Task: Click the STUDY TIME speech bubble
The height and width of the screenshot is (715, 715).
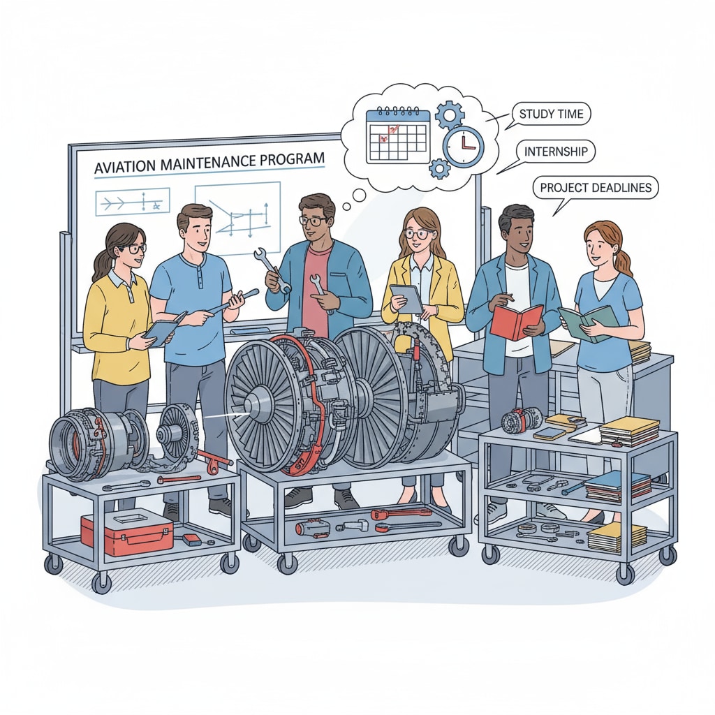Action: tap(551, 114)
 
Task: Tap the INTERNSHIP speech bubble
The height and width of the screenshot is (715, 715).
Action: tap(555, 152)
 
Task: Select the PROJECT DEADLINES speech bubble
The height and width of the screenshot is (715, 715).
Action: tap(596, 187)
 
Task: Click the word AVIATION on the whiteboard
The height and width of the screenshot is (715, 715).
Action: tap(123, 166)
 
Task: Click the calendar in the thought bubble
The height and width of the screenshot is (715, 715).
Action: tap(398, 135)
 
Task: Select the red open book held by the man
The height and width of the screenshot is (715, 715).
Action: tap(516, 321)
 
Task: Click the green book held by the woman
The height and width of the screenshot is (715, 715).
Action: tap(588, 323)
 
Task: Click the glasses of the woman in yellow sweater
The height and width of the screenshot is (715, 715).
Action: tap(132, 249)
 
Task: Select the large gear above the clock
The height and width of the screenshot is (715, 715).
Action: tap(449, 115)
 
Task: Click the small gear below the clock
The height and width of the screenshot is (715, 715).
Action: tap(440, 169)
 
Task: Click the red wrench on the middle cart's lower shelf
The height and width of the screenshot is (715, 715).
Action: tap(400, 513)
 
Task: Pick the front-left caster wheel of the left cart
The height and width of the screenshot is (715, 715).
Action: tap(101, 583)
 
